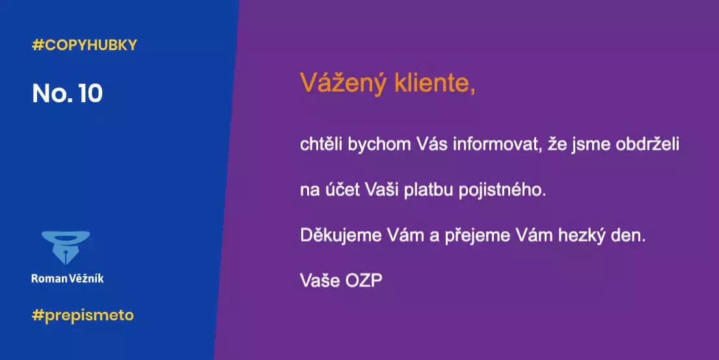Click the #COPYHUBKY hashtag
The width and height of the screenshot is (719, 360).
point(84,46)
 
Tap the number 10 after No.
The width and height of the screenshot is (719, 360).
point(89,94)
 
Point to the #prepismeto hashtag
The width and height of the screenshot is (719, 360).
point(83,315)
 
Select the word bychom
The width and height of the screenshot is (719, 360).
point(377,145)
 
